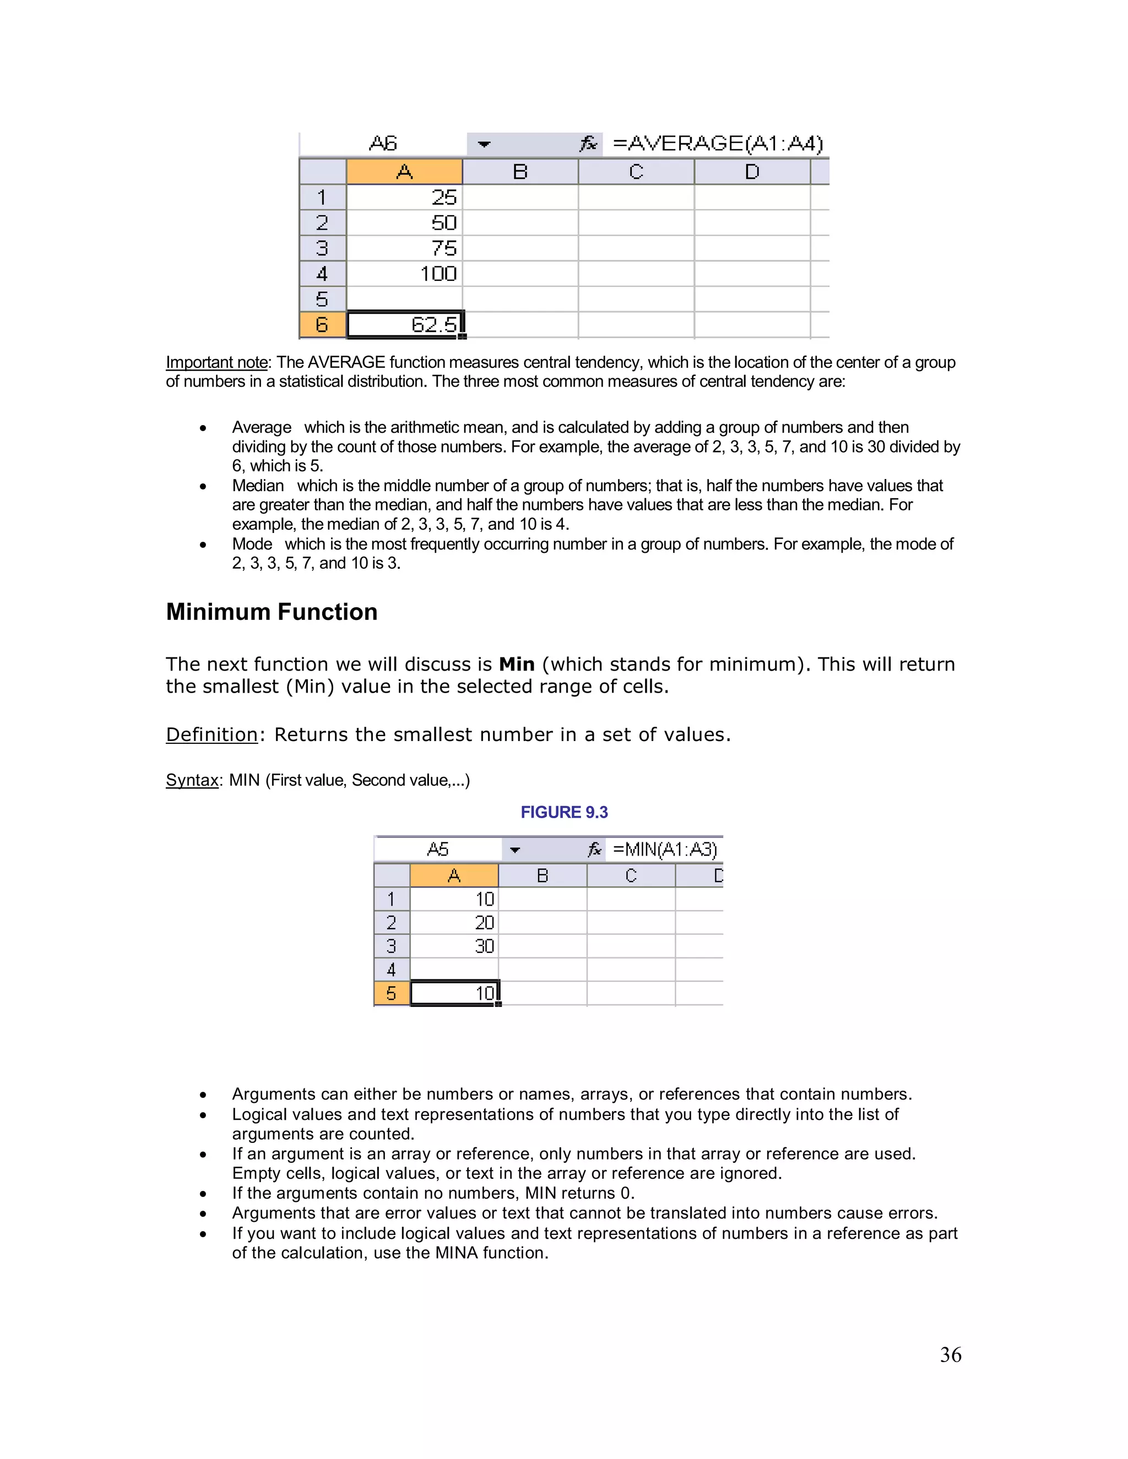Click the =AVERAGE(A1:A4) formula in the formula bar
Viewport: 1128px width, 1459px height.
click(717, 144)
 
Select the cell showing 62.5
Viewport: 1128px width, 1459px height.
click(404, 325)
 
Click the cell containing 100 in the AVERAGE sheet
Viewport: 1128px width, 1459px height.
click(404, 274)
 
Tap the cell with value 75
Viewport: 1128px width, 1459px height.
click(404, 248)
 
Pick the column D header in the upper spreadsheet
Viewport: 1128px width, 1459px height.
click(752, 172)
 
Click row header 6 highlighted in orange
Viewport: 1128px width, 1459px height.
click(322, 325)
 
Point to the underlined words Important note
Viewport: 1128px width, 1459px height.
click(216, 362)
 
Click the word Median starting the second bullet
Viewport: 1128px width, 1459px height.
click(257, 486)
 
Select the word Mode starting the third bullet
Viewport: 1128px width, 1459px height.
click(252, 544)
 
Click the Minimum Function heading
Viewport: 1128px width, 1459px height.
click(272, 612)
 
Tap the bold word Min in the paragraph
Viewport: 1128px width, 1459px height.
click(517, 664)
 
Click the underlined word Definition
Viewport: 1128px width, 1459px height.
click(211, 735)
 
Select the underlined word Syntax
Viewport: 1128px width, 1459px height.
click(192, 780)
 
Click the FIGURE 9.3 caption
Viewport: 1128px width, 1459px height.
click(564, 812)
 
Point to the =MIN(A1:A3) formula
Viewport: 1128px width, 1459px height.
click(664, 850)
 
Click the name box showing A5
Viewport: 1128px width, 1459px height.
click(438, 850)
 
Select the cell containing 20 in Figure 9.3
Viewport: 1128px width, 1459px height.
click(454, 923)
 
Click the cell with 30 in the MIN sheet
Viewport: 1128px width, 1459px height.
click(454, 946)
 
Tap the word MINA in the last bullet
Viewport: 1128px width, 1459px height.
click(457, 1253)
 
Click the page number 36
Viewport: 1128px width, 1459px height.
click(950, 1355)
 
